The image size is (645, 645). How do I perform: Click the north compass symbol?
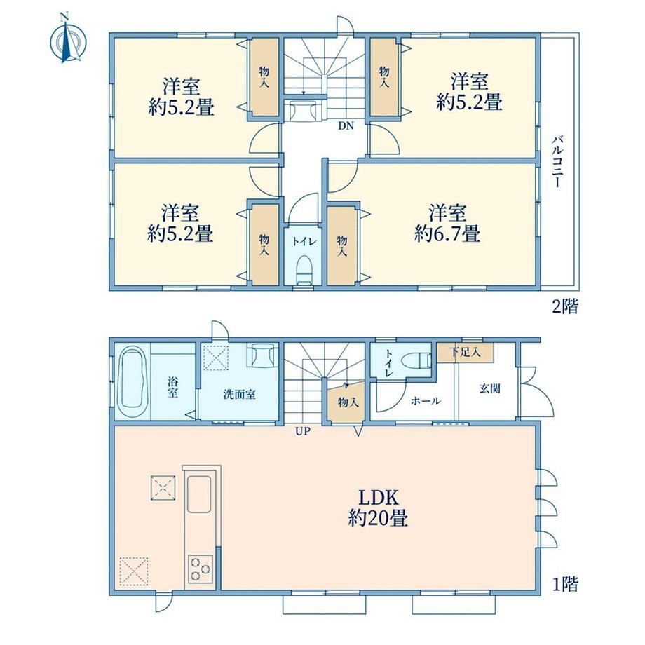pos(68,41)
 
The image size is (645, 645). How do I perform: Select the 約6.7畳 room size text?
pos(447,234)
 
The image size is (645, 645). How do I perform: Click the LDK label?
pos(379,498)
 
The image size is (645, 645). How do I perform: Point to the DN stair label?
pos(346,126)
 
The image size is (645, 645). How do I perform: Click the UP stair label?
pos(303,431)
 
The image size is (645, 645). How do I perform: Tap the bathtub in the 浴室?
pos(132,382)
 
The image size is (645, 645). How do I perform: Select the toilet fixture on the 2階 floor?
pos(304,269)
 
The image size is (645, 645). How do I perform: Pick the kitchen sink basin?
pos(199,494)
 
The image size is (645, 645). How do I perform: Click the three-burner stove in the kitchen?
pos(201,569)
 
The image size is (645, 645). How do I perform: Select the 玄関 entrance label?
pos(489,388)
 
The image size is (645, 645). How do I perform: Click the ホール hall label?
pos(426,400)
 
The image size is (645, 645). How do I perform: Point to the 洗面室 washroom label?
pos(240,395)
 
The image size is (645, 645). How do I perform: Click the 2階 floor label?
pos(565,306)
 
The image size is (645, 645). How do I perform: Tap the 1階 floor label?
pos(565,584)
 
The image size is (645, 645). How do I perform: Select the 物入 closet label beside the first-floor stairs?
pos(348,402)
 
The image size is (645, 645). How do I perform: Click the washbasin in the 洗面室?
pos(261,355)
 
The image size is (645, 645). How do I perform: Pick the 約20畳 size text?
pos(378,518)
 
